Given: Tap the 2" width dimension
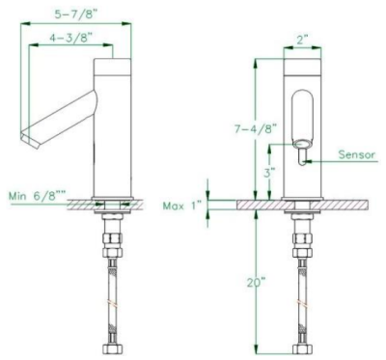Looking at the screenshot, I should pyautogui.click(x=303, y=40).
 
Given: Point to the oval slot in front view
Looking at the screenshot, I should pyautogui.click(x=303, y=117).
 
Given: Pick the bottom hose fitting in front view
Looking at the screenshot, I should pyautogui.click(x=303, y=346).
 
